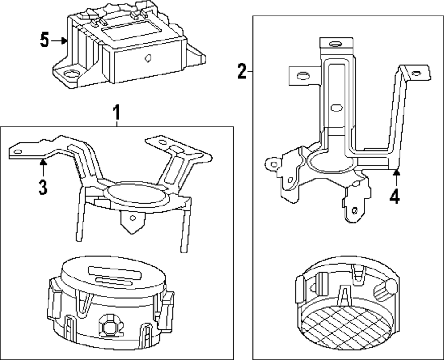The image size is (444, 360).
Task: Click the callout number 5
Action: pyautogui.click(x=44, y=40)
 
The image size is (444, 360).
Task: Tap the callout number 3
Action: pyautogui.click(x=42, y=187)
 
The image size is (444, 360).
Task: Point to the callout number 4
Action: pyautogui.click(x=395, y=195)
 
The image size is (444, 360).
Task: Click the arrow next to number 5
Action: pyautogui.click(x=59, y=41)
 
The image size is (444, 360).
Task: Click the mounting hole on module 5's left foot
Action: pyautogui.click(x=69, y=74)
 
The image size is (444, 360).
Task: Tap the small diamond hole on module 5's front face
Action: pyautogui.click(x=148, y=57)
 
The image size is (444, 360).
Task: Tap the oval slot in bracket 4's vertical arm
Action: pyautogui.click(x=337, y=107)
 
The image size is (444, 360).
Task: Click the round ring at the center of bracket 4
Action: pyautogui.click(x=331, y=162)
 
